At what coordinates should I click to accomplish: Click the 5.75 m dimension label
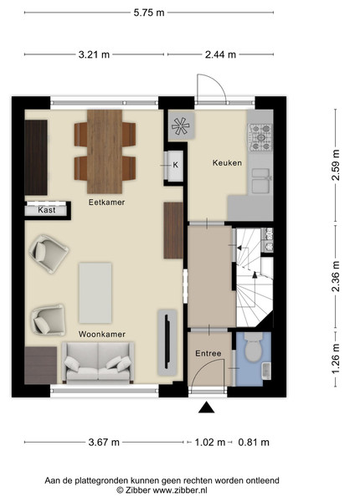pyautogui.click(x=149, y=13)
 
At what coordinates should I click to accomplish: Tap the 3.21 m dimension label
pyautogui.click(x=94, y=54)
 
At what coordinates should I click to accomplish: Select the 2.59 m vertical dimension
pyautogui.click(x=336, y=165)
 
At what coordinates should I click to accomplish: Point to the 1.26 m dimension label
pyautogui.click(x=336, y=359)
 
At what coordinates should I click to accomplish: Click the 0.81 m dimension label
pyautogui.click(x=254, y=443)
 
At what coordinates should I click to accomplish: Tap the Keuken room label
pyautogui.click(x=227, y=163)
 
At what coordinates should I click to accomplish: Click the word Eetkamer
pyautogui.click(x=106, y=202)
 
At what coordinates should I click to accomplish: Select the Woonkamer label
pyautogui.click(x=102, y=334)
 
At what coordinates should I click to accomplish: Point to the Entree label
pyautogui.click(x=208, y=353)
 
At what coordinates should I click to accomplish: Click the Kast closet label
pyautogui.click(x=47, y=210)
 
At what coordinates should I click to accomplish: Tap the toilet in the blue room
pyautogui.click(x=254, y=347)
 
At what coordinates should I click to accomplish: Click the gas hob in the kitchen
pyautogui.click(x=261, y=137)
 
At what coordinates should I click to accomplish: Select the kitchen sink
pyautogui.click(x=260, y=181)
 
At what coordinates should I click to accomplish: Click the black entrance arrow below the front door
pyautogui.click(x=207, y=407)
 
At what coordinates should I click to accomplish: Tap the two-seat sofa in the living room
pyautogui.click(x=98, y=363)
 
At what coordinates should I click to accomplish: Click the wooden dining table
pyautogui.click(x=105, y=151)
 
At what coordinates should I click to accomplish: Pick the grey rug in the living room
pyautogui.click(x=95, y=293)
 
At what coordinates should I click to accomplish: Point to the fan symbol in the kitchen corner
pyautogui.click(x=181, y=125)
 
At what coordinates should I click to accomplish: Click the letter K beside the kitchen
pyautogui.click(x=176, y=165)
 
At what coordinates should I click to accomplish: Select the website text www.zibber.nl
pyautogui.click(x=180, y=490)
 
